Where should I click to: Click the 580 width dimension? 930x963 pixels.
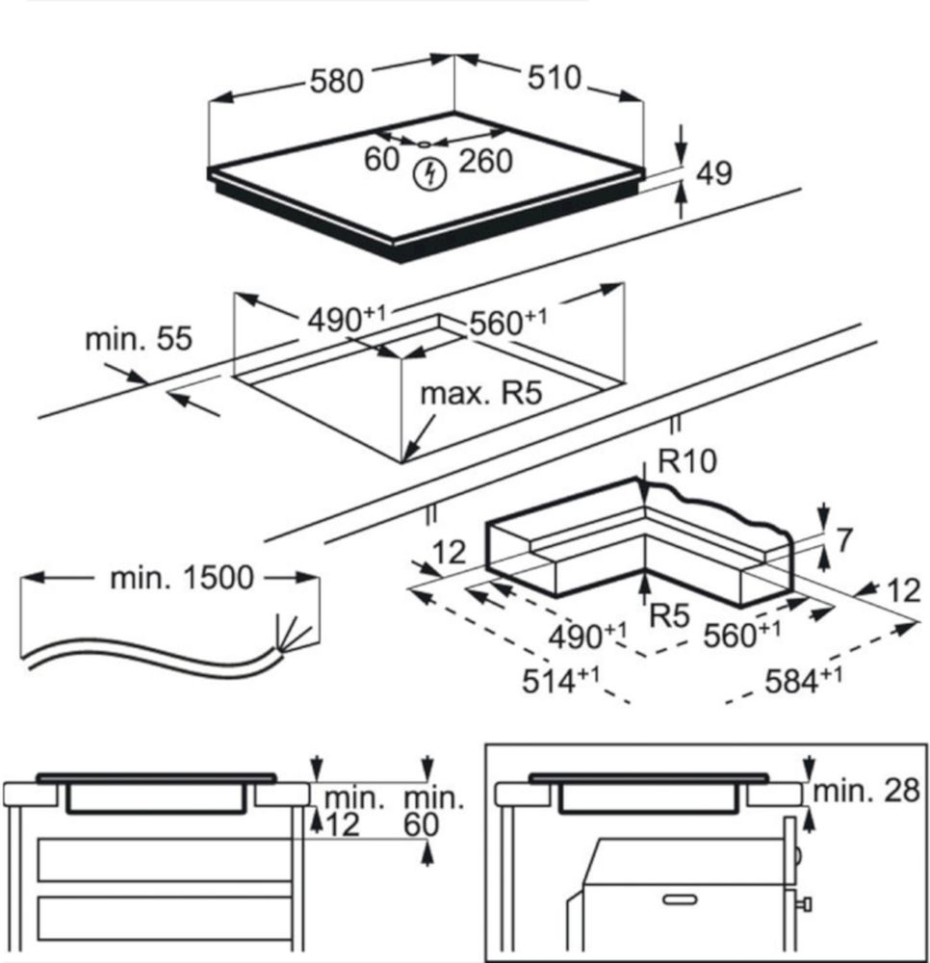[x=336, y=81]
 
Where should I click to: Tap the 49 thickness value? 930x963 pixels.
[x=713, y=173]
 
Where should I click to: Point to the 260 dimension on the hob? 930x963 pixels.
[x=485, y=161]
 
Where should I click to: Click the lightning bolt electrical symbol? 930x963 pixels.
[x=429, y=174]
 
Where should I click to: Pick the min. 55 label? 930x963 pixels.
[x=139, y=339]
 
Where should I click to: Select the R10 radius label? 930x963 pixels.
[x=687, y=462]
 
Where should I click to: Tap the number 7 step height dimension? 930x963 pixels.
[x=844, y=540]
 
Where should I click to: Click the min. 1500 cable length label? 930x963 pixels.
[x=182, y=578]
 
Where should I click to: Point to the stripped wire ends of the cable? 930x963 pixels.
[x=295, y=631]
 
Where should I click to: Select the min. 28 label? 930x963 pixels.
[x=867, y=792]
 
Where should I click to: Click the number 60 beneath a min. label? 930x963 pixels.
[x=421, y=824]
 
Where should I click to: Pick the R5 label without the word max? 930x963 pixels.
[x=669, y=615]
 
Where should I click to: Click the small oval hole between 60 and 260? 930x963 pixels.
[x=425, y=144]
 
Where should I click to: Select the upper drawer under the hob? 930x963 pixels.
[x=164, y=859]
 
